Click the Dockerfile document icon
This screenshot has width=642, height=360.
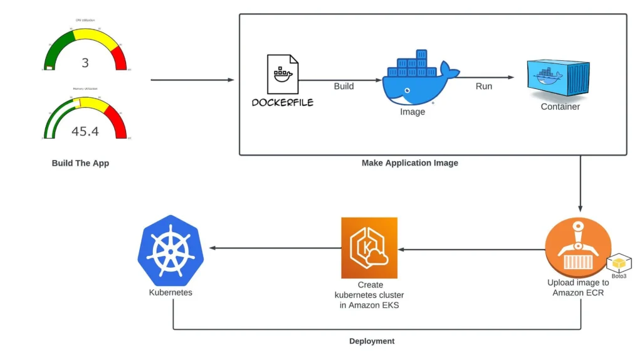pyautogui.click(x=282, y=74)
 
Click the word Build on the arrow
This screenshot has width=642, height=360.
pyautogui.click(x=344, y=86)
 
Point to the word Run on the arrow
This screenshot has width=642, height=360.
pyautogui.click(x=483, y=86)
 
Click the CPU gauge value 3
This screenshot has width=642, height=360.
pyautogui.click(x=85, y=62)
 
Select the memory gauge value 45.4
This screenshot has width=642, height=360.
pyautogui.click(x=85, y=131)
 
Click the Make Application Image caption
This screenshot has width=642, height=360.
pyautogui.click(x=410, y=163)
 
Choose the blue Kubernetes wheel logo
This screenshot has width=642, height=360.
pyautogui.click(x=171, y=248)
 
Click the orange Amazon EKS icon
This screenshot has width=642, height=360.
pyautogui.click(x=369, y=248)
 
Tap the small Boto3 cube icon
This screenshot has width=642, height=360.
pyautogui.click(x=620, y=264)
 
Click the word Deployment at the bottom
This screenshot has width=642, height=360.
pyautogui.click(x=372, y=341)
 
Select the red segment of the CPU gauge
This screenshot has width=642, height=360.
pyautogui.click(x=120, y=58)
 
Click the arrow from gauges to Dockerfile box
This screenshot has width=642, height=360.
pyautogui.click(x=192, y=80)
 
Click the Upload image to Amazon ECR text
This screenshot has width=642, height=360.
pyautogui.click(x=578, y=287)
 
